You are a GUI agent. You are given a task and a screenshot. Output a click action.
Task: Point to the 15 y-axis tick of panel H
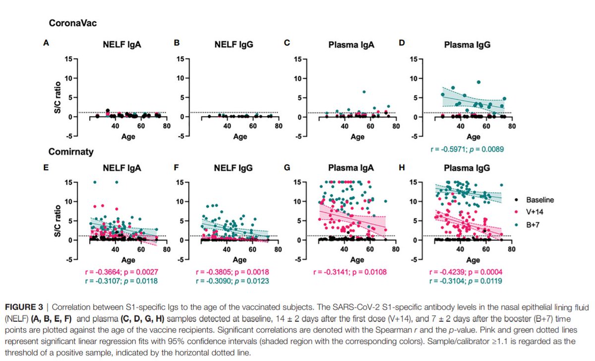(x=413, y=182)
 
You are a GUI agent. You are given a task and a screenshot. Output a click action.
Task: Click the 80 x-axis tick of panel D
(x=512, y=126)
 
